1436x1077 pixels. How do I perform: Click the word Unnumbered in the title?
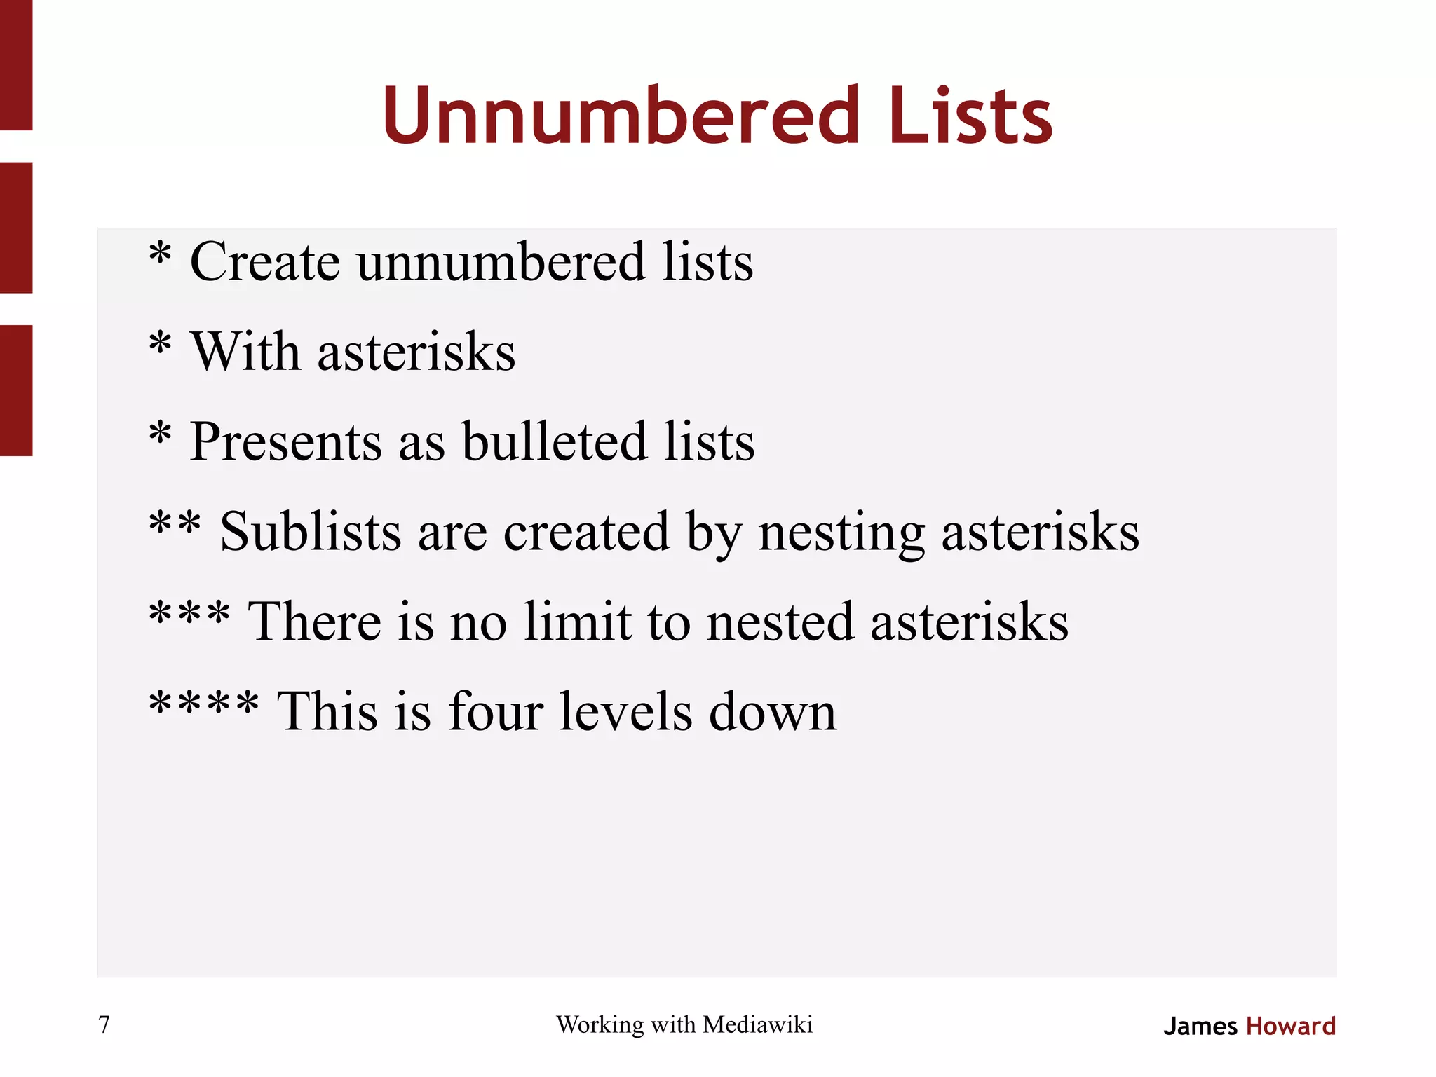tap(621, 116)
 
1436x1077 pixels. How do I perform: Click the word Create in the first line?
tap(265, 262)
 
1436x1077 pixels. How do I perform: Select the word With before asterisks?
tap(245, 352)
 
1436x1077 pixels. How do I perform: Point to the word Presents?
tap(285, 442)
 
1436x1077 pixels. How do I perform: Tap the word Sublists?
tap(311, 532)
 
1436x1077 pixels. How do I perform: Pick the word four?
tap(495, 712)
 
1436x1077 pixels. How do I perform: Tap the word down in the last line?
tap(773, 712)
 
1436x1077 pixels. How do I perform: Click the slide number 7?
tap(104, 1024)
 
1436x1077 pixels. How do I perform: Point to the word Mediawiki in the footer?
tap(757, 1024)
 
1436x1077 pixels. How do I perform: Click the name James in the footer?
tap(1200, 1027)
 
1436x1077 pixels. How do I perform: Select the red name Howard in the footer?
tap(1291, 1027)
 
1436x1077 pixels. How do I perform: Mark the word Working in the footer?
tap(600, 1025)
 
